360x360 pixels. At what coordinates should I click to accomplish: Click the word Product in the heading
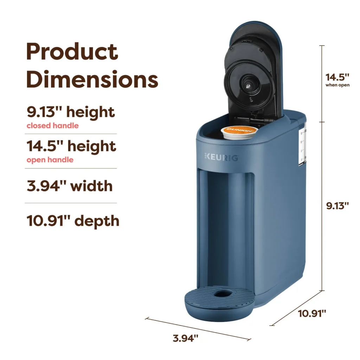tap(72, 51)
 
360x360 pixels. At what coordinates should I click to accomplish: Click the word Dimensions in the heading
tap(92, 79)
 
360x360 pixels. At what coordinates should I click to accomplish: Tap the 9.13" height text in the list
tap(71, 112)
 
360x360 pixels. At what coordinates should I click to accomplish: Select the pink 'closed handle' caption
tap(53, 126)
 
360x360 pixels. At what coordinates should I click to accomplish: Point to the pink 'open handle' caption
tap(50, 160)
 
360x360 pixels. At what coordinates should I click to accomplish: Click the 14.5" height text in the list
tap(71, 146)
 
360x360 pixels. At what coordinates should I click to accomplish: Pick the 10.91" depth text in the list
tap(73, 221)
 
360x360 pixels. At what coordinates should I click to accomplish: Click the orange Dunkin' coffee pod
tap(239, 133)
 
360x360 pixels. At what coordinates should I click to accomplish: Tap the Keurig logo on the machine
tap(221, 157)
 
